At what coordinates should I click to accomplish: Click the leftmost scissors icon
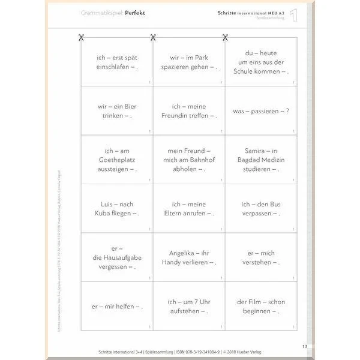coord(80,38)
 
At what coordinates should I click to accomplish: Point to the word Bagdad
coord(248,160)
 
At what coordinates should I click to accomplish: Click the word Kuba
coord(106,213)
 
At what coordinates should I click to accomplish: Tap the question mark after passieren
coord(287,111)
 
